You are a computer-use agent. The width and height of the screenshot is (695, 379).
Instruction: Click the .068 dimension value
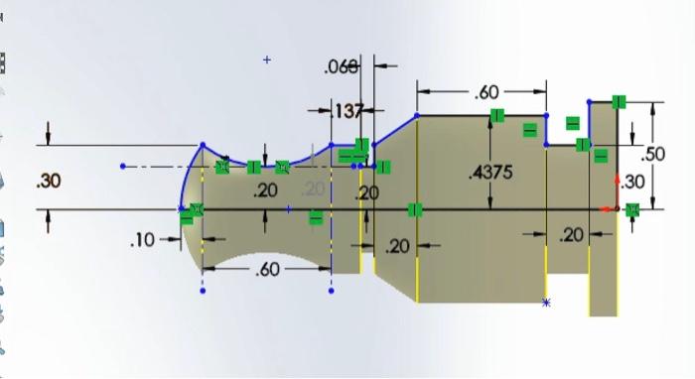(340, 67)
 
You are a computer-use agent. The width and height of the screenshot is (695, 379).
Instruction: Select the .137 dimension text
(347, 110)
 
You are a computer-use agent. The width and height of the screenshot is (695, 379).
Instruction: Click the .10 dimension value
(143, 240)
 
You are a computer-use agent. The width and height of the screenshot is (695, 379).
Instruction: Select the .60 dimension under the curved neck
(266, 269)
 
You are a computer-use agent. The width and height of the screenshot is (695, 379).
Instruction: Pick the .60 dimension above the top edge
(486, 92)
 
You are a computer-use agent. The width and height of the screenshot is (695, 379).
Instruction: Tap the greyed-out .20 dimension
(314, 189)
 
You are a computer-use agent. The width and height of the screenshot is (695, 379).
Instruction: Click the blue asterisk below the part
(546, 303)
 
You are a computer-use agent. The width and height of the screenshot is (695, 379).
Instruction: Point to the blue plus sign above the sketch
(267, 61)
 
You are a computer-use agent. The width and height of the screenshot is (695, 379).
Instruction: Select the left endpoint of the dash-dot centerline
(123, 166)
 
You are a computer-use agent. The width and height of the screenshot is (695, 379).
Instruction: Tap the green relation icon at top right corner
(619, 101)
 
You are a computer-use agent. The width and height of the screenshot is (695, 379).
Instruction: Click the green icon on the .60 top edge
(496, 116)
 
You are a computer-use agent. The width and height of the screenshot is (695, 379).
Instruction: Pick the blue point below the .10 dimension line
(203, 291)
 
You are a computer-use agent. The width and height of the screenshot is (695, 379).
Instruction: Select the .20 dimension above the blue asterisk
(571, 235)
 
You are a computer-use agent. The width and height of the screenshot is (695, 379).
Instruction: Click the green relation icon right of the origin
(632, 208)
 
